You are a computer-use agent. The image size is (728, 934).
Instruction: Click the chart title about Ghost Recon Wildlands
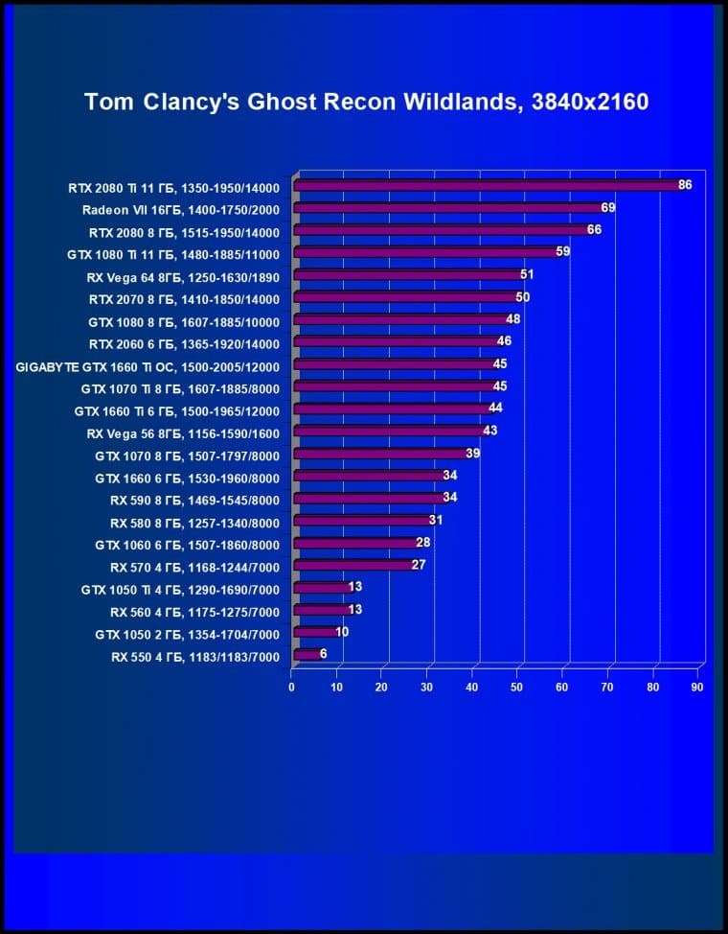coord(367,102)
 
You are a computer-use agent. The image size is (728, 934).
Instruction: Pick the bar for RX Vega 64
coord(407,275)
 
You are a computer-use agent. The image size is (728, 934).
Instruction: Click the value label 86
coord(685,185)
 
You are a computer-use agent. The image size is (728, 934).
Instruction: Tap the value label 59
coord(563,252)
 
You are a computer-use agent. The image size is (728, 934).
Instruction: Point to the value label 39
coord(473,454)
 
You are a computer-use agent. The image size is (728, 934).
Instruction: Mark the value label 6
coord(324,653)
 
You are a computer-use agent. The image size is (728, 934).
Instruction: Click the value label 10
coord(342,632)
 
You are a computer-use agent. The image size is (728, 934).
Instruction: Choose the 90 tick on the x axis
coord(697,687)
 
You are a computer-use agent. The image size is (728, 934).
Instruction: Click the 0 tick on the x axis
coord(291,687)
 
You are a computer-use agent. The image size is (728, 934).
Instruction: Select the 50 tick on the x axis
coord(517,687)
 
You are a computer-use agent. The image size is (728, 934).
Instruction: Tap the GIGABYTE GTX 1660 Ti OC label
coord(148,365)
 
